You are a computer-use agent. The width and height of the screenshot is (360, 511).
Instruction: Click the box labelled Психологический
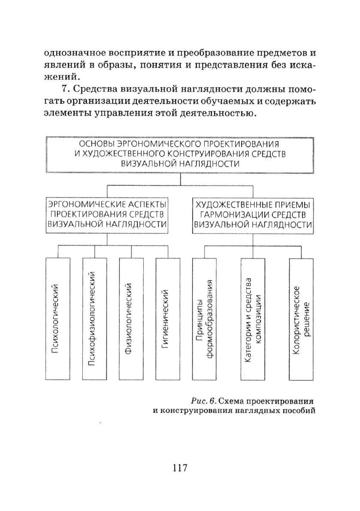click(58, 319)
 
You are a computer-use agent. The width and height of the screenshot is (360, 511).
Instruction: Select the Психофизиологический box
click(95, 319)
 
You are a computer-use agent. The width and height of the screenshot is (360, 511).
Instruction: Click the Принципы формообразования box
click(205, 319)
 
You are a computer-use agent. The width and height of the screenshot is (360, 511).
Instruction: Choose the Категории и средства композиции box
click(253, 319)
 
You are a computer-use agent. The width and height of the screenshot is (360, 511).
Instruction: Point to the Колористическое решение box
click(301, 319)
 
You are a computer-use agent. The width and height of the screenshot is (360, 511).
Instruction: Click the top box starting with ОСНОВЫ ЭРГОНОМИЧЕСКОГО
click(180, 154)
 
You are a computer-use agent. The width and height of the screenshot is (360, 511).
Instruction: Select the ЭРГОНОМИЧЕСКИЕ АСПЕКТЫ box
click(107, 215)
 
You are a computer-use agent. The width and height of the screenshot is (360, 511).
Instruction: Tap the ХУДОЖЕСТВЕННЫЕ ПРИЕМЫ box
click(253, 215)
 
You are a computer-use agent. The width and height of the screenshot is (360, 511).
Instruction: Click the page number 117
click(180, 468)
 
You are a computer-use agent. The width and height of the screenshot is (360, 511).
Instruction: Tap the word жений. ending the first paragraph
click(62, 77)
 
